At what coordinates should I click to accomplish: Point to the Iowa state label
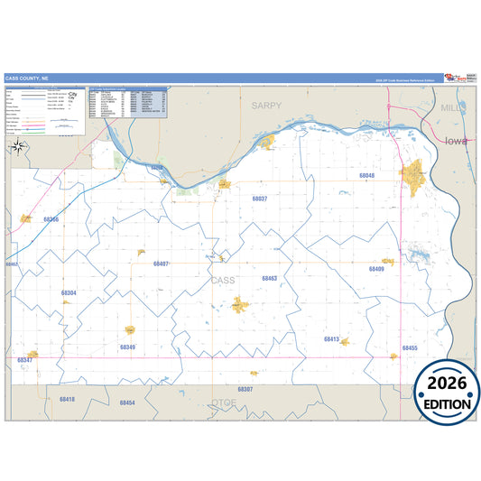(x=457, y=141)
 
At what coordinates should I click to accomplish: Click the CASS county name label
(x=222, y=281)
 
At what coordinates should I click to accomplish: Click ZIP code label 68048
(x=367, y=176)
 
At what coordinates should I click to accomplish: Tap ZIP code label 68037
(x=260, y=198)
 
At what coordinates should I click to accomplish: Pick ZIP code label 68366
(x=51, y=219)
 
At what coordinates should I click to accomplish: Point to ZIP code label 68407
(x=162, y=264)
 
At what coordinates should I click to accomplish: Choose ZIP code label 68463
(x=269, y=279)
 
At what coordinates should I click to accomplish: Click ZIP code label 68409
(x=376, y=269)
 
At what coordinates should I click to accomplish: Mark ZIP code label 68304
(x=69, y=293)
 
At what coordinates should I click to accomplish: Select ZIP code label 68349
(x=127, y=347)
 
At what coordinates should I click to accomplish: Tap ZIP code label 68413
(x=331, y=339)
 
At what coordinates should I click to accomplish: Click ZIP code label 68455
(x=410, y=347)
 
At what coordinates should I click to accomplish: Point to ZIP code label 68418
(x=67, y=399)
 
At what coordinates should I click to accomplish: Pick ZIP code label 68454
(x=126, y=402)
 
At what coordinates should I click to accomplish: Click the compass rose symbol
(x=18, y=147)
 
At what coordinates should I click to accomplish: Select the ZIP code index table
(x=128, y=104)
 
